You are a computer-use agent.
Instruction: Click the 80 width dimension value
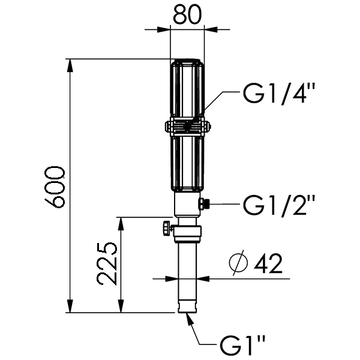pos(187,14)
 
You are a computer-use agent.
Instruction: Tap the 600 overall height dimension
pos(55,187)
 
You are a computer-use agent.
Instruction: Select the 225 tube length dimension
pos(107,264)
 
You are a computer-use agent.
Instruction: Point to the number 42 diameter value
pos(268,263)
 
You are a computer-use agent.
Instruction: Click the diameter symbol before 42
pos(239,263)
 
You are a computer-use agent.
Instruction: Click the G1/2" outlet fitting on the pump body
pos(203,204)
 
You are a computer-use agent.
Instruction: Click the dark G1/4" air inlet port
pos(189,125)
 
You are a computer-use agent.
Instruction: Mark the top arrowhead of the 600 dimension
pos(71,65)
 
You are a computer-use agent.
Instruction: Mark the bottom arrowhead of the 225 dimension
pos(121,306)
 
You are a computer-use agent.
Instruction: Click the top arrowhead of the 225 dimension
pos(121,224)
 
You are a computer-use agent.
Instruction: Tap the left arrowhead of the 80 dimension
pos(164,29)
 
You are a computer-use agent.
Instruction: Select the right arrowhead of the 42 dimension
pos(203,279)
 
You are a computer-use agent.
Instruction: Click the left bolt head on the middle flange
pos(168,127)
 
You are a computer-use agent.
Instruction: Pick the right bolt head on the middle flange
pos(207,127)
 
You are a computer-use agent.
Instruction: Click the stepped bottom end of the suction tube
pos(187,308)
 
